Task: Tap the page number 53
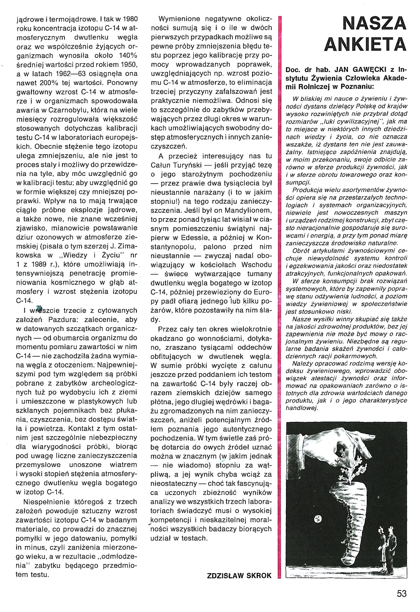click(402, 594)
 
